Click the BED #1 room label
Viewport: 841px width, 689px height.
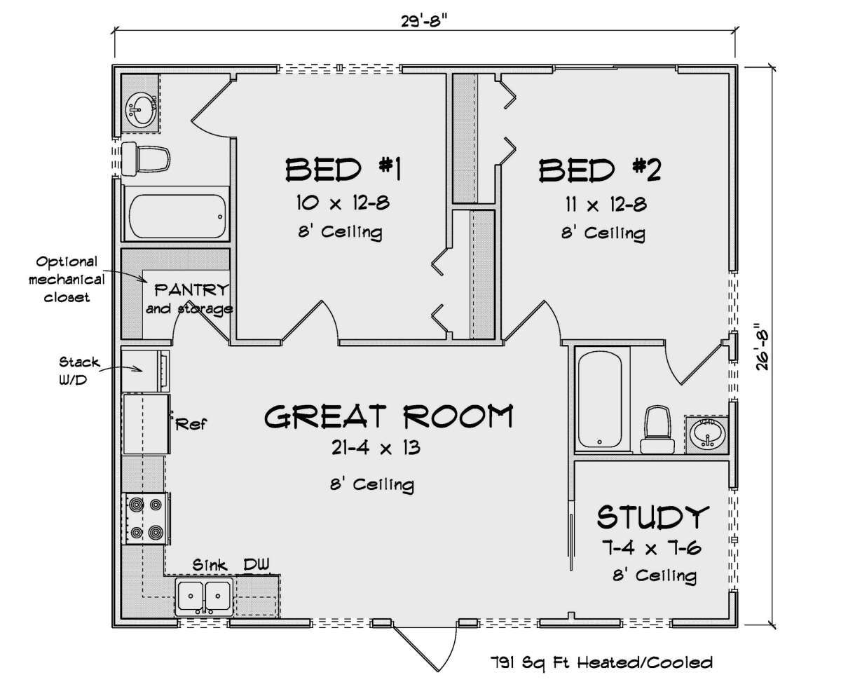343,170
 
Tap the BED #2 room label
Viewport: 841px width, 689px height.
600,170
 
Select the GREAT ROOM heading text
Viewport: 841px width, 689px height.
389,416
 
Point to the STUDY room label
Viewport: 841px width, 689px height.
653,517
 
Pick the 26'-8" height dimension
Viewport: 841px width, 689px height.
763,347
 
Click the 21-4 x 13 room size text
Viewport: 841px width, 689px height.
376,448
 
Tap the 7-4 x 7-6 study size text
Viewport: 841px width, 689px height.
651,549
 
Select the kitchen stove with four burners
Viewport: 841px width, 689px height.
146,518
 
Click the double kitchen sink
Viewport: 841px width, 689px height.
204,597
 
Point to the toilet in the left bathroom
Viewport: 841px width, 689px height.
146,159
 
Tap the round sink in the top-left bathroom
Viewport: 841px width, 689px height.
140,107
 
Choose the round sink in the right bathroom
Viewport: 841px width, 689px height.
707,435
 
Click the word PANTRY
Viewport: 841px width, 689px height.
192,290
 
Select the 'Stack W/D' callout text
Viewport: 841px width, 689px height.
79,371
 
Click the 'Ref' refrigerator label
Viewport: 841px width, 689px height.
191,424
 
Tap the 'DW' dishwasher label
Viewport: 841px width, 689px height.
257,564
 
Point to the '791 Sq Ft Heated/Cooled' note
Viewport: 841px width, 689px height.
601,662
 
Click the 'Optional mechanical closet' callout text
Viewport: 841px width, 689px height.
67,280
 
